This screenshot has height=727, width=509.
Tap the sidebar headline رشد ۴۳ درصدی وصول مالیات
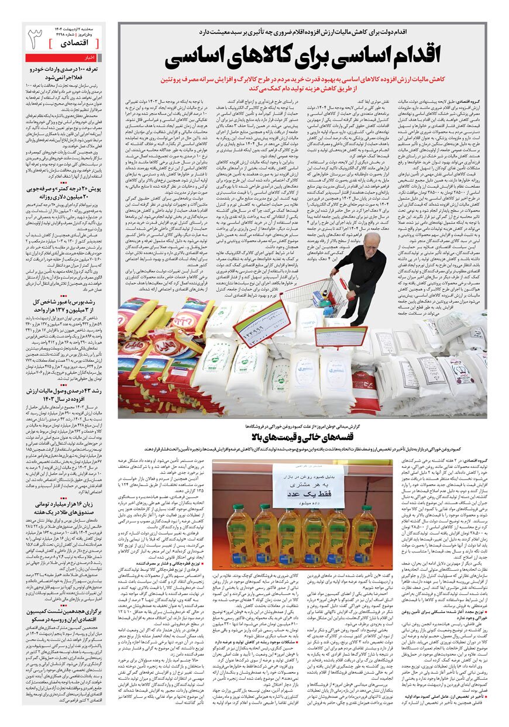[x=64, y=395]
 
